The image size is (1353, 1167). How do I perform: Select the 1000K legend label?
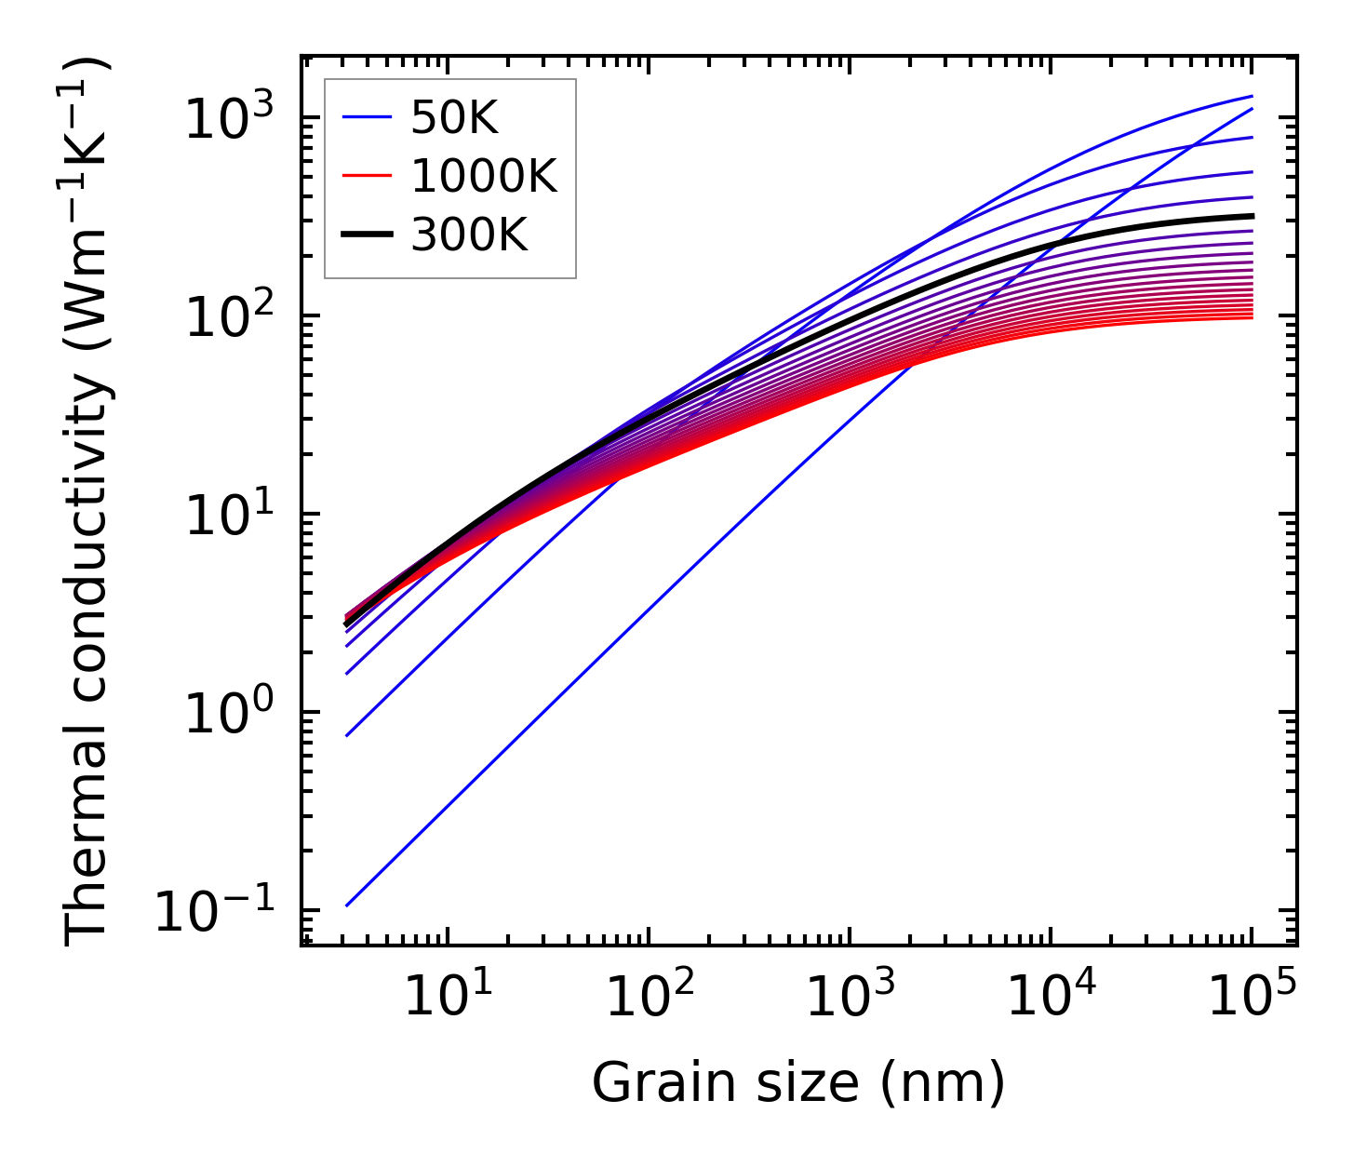tap(484, 176)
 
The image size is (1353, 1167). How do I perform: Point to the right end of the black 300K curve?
tap(1252, 216)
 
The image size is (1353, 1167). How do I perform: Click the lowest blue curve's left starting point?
tap(346, 905)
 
